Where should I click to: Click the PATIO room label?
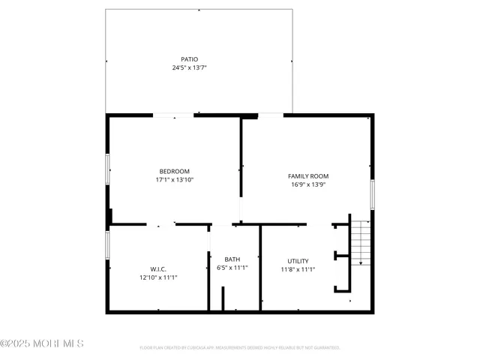point(189,59)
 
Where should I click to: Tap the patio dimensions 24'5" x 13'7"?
point(189,67)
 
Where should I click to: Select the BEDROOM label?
point(174,171)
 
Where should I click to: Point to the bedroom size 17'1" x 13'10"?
point(174,180)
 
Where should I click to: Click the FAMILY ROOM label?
point(308,176)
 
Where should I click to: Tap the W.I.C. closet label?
point(158,268)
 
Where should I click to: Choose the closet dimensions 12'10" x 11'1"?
point(158,277)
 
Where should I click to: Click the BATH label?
point(232,259)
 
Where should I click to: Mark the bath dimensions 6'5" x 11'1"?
point(232,268)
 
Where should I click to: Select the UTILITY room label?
point(298,260)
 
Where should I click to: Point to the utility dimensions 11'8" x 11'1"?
point(298,269)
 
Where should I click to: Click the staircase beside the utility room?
point(361,241)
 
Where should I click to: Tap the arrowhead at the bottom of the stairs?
point(361,262)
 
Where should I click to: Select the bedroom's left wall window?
point(107,169)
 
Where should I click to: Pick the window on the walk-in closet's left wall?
point(107,244)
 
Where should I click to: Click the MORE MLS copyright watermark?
point(42,343)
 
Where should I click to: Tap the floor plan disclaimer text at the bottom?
point(240,348)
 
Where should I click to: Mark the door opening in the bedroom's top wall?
point(173,115)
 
